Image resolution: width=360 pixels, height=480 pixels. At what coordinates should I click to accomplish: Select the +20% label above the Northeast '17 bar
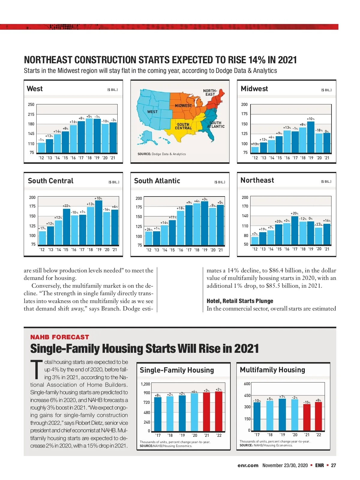(294, 213)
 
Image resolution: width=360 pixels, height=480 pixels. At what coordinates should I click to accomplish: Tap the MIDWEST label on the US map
(183, 106)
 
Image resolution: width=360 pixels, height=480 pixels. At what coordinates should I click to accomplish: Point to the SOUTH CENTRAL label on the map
(183, 126)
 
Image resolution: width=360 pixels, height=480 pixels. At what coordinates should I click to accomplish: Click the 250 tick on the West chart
(31, 104)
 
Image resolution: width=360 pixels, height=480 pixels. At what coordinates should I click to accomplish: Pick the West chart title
(35, 89)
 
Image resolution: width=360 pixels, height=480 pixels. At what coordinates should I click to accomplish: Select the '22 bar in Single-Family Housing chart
(219, 411)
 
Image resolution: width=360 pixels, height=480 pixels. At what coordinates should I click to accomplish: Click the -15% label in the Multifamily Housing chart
(307, 402)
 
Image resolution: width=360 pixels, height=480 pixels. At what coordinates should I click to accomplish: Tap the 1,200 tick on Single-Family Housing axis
(145, 384)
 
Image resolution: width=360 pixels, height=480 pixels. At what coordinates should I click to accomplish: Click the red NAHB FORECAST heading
(60, 337)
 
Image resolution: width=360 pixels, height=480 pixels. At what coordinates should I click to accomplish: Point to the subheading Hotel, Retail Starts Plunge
(240, 301)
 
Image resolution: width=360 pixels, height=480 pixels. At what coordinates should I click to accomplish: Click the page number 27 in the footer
(333, 465)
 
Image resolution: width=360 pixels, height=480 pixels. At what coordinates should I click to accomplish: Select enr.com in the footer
(248, 465)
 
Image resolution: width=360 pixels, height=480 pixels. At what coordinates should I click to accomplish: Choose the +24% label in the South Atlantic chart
(148, 229)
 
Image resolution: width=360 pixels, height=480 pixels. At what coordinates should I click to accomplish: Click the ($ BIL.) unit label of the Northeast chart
(326, 181)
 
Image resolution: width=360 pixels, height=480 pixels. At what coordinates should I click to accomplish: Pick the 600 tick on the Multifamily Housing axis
(247, 384)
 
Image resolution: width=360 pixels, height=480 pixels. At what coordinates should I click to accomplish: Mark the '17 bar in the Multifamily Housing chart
(257, 416)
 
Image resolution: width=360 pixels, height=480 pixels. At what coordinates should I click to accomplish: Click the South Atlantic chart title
(157, 181)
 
